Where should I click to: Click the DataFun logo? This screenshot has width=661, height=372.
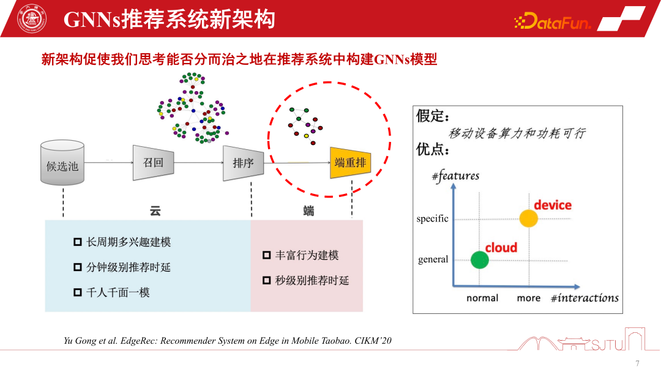(x=552, y=23)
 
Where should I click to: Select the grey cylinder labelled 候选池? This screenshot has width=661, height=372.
(x=62, y=163)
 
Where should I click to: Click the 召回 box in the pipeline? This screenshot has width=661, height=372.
(x=153, y=163)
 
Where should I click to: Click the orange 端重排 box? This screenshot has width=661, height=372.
(x=350, y=163)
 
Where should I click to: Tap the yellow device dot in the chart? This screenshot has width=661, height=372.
(x=528, y=218)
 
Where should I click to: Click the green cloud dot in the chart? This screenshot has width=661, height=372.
(x=480, y=259)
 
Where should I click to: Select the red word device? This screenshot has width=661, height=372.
(x=552, y=205)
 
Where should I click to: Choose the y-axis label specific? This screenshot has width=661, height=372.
(x=432, y=219)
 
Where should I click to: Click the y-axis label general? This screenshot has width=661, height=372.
(x=433, y=259)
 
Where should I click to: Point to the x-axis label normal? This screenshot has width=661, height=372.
(x=482, y=298)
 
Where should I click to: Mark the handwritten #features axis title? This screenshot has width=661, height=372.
(x=455, y=176)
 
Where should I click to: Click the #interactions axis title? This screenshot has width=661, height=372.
(x=584, y=298)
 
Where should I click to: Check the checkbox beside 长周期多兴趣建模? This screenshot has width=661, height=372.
(x=78, y=242)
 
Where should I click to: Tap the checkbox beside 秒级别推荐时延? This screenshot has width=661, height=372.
(x=267, y=280)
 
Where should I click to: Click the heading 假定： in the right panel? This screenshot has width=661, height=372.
(x=433, y=116)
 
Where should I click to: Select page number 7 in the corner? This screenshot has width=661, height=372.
(x=638, y=363)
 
